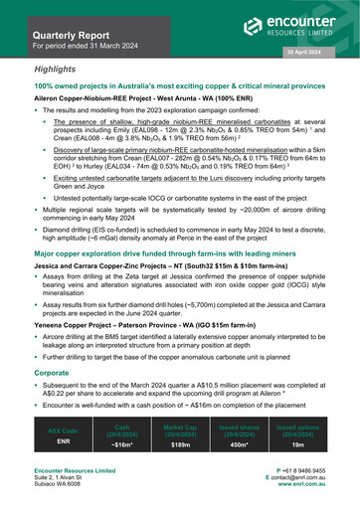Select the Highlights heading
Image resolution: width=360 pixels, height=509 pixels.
point(61,72)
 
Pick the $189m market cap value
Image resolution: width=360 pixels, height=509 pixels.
point(180,446)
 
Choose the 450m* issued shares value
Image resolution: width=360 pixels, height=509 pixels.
point(238,446)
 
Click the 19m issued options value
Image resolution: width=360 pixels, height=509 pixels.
point(296,446)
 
